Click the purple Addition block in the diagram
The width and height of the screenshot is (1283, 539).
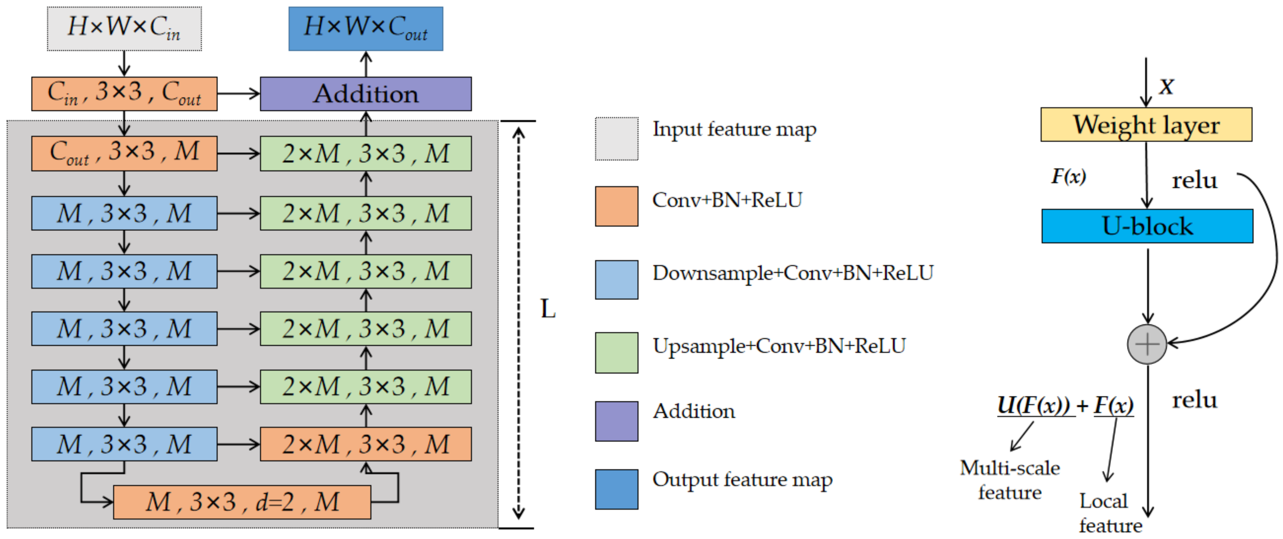pos(366,94)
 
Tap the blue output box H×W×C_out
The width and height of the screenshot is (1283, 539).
pos(366,29)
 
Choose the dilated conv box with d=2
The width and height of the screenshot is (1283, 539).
pos(242,502)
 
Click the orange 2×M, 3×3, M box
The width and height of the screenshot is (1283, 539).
pos(366,444)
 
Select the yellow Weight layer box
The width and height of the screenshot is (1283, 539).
pos(1146,125)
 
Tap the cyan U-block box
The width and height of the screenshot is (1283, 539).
pos(1147,226)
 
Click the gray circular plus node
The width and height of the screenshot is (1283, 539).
pos(1147,344)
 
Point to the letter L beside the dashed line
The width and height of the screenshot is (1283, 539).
pos(548,309)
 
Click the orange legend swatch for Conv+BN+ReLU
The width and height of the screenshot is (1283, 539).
pos(617,206)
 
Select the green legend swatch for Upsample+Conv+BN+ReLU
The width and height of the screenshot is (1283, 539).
pos(617,353)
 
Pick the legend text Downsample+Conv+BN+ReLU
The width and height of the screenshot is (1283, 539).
pos(793,273)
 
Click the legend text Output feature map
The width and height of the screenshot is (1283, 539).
pos(742,480)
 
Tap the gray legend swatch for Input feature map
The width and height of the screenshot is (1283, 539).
pos(617,138)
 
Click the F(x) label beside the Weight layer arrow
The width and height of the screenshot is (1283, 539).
pos(1069,176)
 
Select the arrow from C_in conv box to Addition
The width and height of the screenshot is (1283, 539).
pos(238,94)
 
